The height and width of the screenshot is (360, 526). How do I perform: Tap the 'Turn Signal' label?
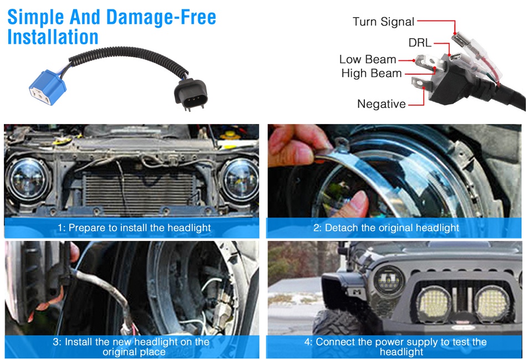(384, 22)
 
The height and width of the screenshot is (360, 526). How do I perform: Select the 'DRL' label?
(420, 43)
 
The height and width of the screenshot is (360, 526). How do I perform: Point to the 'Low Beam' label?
(368, 59)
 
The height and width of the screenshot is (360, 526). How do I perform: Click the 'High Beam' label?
(372, 73)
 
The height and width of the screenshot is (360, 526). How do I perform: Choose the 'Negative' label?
(381, 104)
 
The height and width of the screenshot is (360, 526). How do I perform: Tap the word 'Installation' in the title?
(53, 37)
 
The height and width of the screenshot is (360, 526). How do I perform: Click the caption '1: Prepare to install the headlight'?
(134, 228)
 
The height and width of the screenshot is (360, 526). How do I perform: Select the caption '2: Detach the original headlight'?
(386, 228)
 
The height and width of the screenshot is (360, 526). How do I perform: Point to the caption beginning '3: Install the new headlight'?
(131, 347)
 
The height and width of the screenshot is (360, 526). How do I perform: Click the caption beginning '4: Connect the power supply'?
(395, 347)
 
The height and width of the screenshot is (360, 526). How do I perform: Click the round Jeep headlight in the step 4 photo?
(389, 280)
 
